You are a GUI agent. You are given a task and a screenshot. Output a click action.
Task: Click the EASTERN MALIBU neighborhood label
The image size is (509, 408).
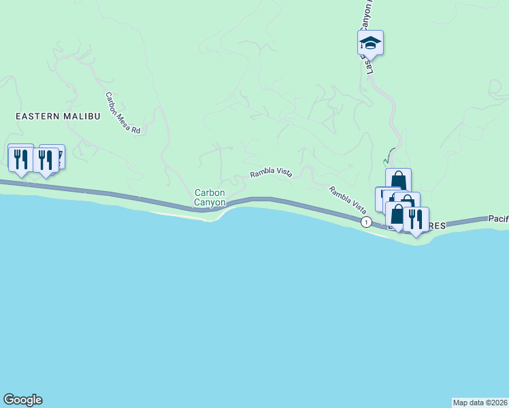coord(58,116)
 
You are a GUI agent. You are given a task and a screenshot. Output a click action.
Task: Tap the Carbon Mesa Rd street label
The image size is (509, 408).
coord(122,113)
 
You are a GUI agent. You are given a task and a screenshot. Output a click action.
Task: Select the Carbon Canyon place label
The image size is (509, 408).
coord(210,197)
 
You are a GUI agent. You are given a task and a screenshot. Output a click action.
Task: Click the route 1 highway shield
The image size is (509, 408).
coord(367,222)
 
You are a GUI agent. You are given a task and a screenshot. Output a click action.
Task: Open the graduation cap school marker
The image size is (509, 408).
coord(370,44)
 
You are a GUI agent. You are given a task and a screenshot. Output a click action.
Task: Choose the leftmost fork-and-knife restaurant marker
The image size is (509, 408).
coord(20,159)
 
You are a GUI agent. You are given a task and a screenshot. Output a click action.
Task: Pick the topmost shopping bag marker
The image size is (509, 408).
coord(398,181)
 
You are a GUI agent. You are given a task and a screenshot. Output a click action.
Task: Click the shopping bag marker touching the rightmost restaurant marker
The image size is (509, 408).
coord(397,215)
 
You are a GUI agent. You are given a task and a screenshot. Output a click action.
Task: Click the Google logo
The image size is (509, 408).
coord(22,400)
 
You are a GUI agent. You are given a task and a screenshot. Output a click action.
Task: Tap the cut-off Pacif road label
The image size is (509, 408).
coord(498,219)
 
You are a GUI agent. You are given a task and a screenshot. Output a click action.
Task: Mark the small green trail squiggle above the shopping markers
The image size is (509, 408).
coord(388,157)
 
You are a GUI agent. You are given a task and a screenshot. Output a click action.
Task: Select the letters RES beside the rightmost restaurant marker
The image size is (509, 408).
coord(437,225)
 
